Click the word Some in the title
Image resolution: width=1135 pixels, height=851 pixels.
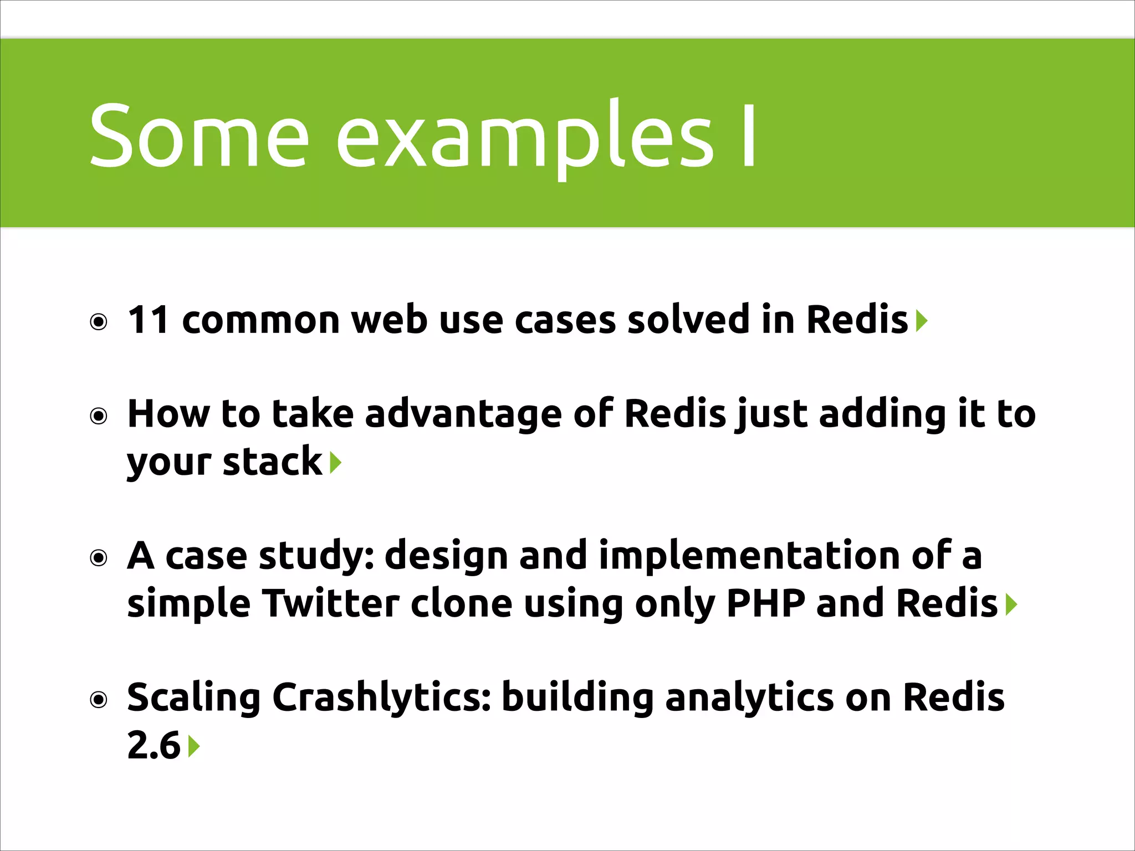198,136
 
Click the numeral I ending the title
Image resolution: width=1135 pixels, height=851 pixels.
749,136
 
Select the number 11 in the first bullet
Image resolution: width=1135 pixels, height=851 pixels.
148,320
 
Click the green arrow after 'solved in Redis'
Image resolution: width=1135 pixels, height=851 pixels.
921,321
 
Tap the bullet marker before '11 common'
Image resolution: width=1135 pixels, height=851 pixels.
99,322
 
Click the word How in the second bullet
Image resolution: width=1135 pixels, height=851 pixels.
168,414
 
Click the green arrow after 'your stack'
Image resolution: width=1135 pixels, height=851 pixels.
335,463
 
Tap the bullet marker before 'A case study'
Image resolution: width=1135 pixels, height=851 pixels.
99,557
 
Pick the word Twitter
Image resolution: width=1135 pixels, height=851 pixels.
331,603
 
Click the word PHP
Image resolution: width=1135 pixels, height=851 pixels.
765,603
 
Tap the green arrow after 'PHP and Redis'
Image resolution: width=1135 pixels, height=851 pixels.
1011,604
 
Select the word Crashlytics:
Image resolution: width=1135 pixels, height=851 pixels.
382,699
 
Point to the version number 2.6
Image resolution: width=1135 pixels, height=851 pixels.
154,746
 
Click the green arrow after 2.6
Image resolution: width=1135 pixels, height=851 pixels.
193,746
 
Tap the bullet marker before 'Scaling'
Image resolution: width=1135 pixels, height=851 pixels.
99,700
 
